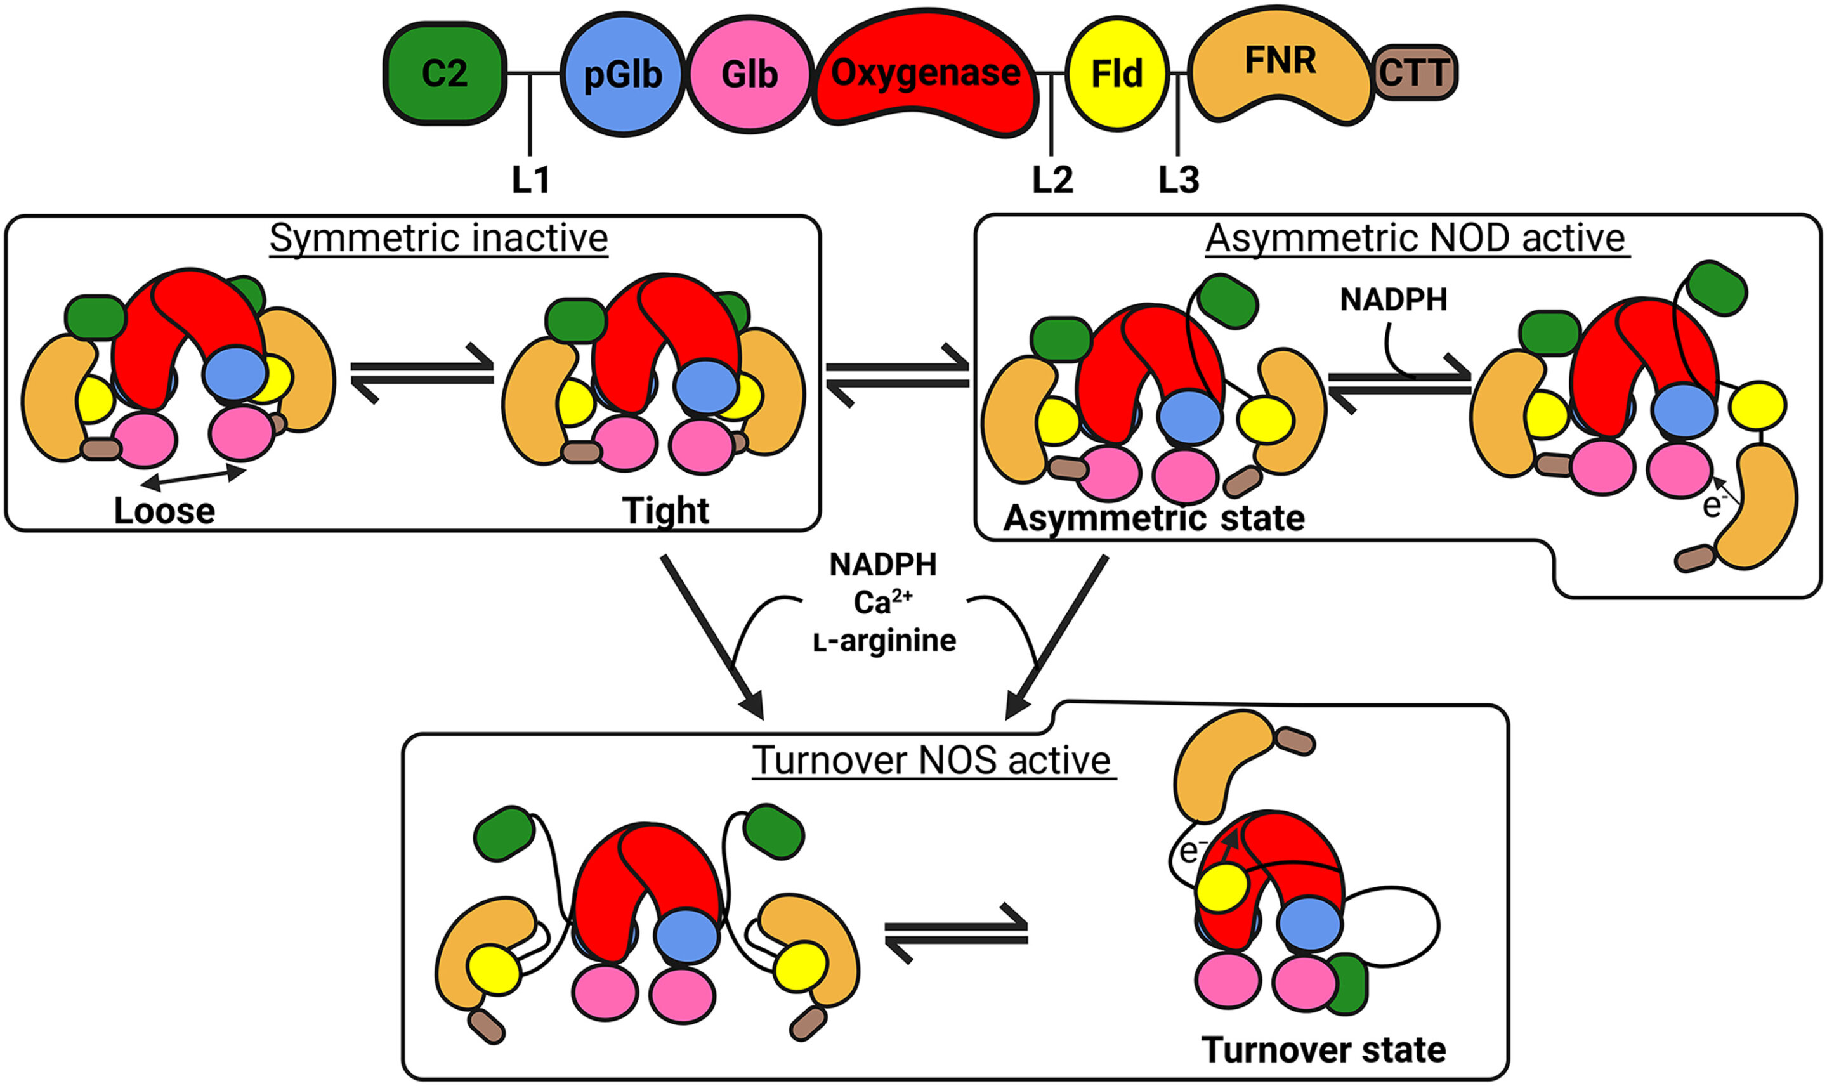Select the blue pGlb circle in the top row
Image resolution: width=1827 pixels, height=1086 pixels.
click(x=623, y=74)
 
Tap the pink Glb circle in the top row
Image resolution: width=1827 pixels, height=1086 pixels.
click(x=749, y=74)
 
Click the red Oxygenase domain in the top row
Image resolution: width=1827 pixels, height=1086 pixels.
click(x=926, y=73)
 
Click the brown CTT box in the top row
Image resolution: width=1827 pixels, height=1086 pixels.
click(x=1414, y=72)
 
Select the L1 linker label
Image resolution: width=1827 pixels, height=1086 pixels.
click(x=530, y=180)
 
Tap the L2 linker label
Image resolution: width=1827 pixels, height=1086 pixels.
click(x=1052, y=180)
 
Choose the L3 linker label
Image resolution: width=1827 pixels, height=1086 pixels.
click(x=1179, y=180)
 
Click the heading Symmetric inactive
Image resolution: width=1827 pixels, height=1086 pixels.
click(x=439, y=239)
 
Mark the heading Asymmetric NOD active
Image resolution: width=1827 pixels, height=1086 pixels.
click(x=1415, y=239)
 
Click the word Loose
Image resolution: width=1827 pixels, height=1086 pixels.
click(x=165, y=511)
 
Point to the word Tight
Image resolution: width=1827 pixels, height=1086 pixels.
click(x=665, y=511)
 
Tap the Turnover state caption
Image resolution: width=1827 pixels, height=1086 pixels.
click(x=1323, y=1049)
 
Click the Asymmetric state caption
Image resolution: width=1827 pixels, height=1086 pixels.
click(x=1154, y=518)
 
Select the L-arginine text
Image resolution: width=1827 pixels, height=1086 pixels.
click(x=884, y=641)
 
